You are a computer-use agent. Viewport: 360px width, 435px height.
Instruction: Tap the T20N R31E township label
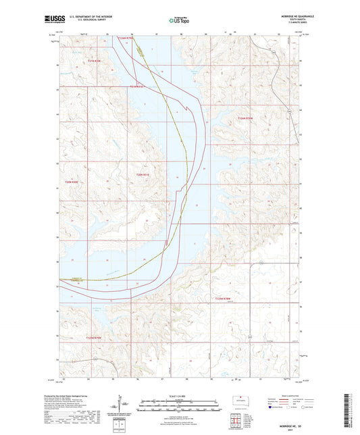coord(142,175)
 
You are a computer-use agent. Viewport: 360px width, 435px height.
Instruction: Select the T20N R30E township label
coord(72,182)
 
